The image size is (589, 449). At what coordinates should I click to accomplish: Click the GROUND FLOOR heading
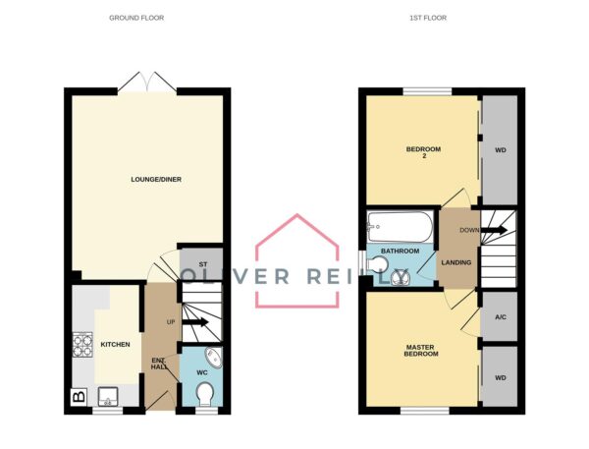point(136,18)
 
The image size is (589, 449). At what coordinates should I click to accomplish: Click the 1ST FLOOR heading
point(428,18)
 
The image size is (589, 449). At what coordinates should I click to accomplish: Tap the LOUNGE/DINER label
point(156,180)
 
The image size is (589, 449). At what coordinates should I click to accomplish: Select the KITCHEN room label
point(115,345)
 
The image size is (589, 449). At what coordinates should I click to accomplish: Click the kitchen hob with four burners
point(82,345)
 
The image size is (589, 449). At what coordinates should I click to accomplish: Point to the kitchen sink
point(108,397)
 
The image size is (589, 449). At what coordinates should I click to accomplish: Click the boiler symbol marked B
point(79,397)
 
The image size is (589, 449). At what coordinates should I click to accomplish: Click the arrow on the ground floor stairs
point(195,322)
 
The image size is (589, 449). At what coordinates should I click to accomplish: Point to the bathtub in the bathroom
point(401,227)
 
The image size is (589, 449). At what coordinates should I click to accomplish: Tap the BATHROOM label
point(401,251)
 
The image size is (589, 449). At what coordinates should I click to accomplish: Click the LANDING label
point(456,262)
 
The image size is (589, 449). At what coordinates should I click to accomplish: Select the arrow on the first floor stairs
point(495,230)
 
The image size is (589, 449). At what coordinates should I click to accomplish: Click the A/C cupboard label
point(501,317)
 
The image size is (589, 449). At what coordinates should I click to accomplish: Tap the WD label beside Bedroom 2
point(501,150)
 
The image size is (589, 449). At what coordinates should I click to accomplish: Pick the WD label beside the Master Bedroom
point(501,378)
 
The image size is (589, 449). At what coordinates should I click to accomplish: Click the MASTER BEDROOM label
point(421,351)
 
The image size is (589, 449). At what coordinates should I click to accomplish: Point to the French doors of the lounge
point(147,84)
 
